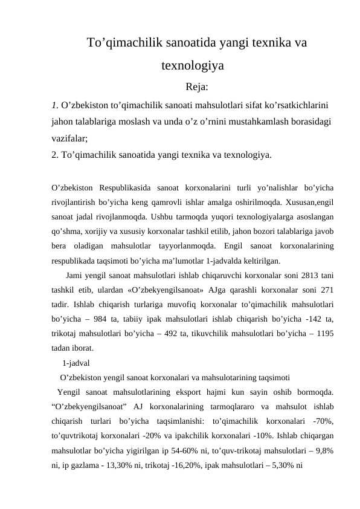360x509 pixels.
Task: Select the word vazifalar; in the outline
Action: pyautogui.click(x=70, y=138)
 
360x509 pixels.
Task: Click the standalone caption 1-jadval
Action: pyautogui.click(x=76, y=364)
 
